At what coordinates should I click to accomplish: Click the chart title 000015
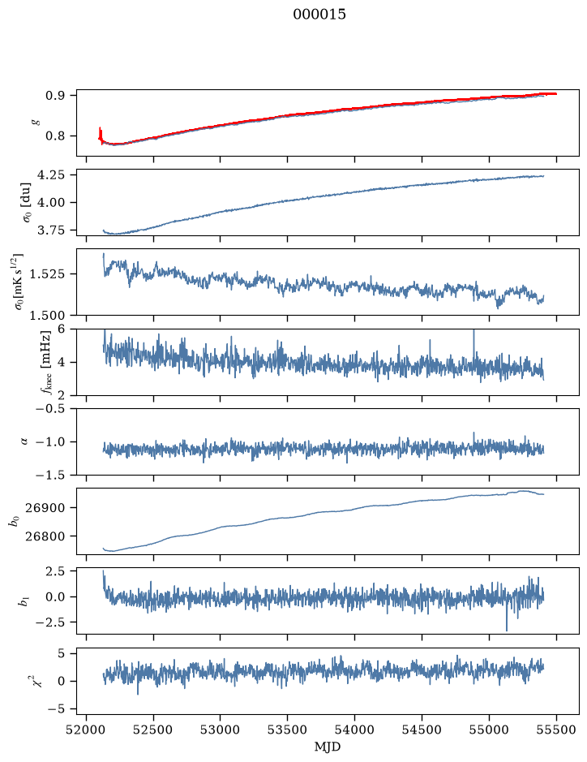[319, 15]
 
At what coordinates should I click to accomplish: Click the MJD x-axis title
[328, 747]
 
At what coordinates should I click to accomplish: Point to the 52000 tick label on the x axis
[87, 730]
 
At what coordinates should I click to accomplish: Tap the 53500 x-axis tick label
[288, 730]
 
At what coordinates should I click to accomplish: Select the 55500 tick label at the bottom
[556, 730]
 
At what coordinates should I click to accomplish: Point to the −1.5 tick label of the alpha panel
[50, 475]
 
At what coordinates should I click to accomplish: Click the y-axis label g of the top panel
[34, 123]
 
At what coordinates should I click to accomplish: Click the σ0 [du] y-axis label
[24, 202]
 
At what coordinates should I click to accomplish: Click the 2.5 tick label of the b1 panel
[56, 571]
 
